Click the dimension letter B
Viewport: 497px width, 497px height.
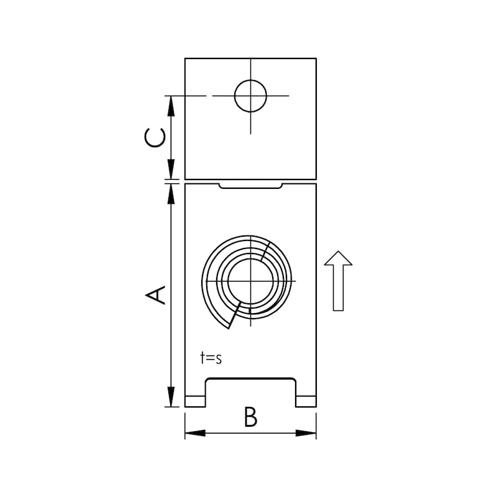coord(250,417)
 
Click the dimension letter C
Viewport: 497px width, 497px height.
coord(156,137)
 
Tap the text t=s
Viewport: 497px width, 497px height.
coord(211,358)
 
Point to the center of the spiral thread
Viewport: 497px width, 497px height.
coord(250,281)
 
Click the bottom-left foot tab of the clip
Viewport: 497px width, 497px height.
coord(195,401)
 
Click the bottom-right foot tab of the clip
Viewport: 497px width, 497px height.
coord(306,401)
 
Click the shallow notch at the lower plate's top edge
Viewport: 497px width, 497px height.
coord(252,186)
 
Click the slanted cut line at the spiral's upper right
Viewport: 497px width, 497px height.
coord(266,249)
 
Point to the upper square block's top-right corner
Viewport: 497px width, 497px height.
coord(316,58)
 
